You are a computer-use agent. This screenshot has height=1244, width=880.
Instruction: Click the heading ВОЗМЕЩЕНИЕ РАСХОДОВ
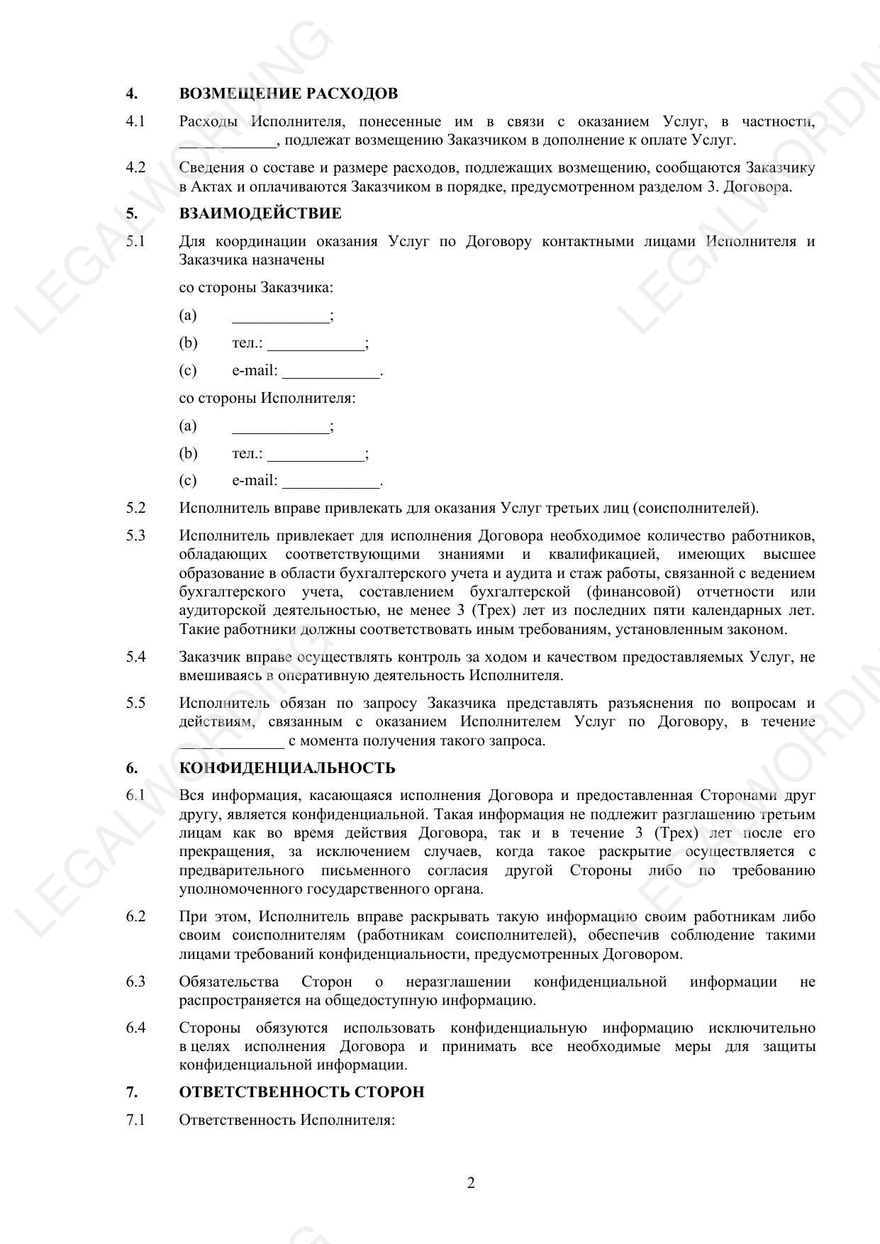[x=288, y=94]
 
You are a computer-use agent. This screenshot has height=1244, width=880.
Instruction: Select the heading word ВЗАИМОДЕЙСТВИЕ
[x=260, y=213]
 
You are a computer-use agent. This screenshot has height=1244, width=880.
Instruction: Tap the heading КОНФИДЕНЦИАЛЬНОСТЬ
[x=287, y=768]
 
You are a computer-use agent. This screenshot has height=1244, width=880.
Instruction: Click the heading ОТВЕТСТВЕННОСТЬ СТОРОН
[x=301, y=1092]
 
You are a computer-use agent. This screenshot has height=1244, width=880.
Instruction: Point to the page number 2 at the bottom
[x=471, y=1183]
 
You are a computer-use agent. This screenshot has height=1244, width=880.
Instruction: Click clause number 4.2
[x=135, y=168]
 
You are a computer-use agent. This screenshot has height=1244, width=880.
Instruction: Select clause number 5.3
[x=135, y=535]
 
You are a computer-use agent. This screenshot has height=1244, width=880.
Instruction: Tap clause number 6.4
[x=135, y=1028]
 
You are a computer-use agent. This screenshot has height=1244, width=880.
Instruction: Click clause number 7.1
[x=135, y=1120]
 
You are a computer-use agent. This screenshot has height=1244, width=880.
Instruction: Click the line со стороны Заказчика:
[x=256, y=287]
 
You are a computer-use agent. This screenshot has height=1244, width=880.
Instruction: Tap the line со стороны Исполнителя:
[x=267, y=398]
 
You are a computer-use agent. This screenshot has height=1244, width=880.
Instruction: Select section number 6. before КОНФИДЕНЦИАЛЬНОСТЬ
[x=132, y=768]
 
